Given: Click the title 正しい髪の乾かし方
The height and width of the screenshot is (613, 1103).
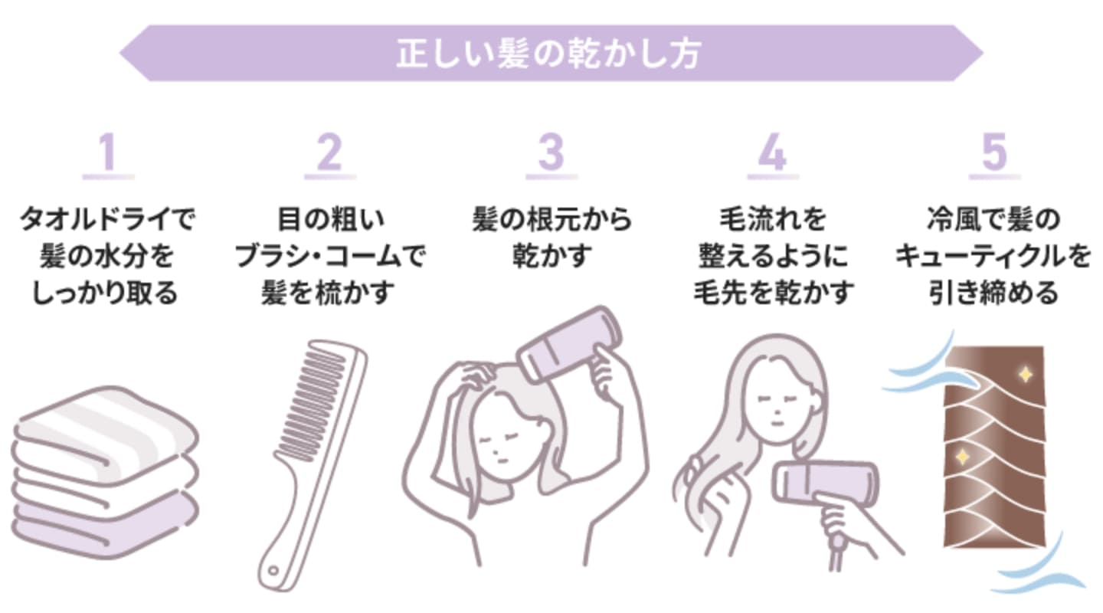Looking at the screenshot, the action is click(x=548, y=54).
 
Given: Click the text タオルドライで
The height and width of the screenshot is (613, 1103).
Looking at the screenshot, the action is click(x=107, y=220).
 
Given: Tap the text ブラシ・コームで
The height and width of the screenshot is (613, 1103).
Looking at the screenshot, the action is click(x=329, y=257).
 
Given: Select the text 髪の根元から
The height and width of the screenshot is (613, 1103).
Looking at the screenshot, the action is click(x=551, y=220).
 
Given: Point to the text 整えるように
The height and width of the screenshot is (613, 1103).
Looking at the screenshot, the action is click(x=773, y=257).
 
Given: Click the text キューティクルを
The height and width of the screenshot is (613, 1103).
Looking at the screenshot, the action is click(x=993, y=257).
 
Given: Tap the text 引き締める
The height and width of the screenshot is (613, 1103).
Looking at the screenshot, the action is click(x=993, y=293).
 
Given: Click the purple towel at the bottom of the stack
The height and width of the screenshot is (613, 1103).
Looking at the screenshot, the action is click(x=104, y=526).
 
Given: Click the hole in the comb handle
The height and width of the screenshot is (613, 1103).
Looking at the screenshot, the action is click(x=273, y=571).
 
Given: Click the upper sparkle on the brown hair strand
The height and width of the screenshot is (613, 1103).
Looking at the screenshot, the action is click(x=1025, y=375).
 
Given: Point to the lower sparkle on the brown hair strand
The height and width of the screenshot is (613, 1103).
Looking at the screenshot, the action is click(x=961, y=457).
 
